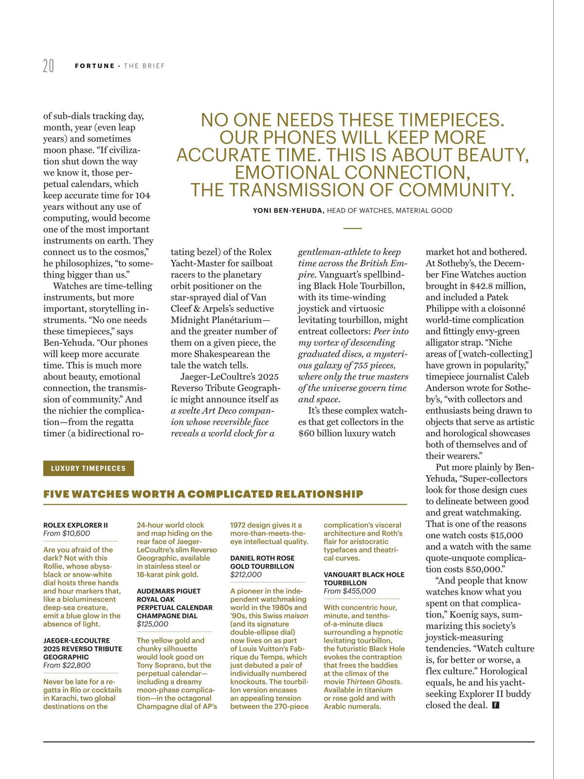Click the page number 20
point(49,66)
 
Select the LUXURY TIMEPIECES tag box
point(88,468)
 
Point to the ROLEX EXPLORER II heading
point(75,525)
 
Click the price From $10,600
point(67,534)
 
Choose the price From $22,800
point(67,665)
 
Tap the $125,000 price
point(152,624)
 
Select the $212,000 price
point(246,575)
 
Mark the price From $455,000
point(349,591)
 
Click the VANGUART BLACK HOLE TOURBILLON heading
point(364,578)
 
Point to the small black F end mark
point(496,705)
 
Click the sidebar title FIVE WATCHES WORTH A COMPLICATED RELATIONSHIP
point(203,494)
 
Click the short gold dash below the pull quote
point(352,228)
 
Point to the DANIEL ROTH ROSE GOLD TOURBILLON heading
point(262,562)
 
